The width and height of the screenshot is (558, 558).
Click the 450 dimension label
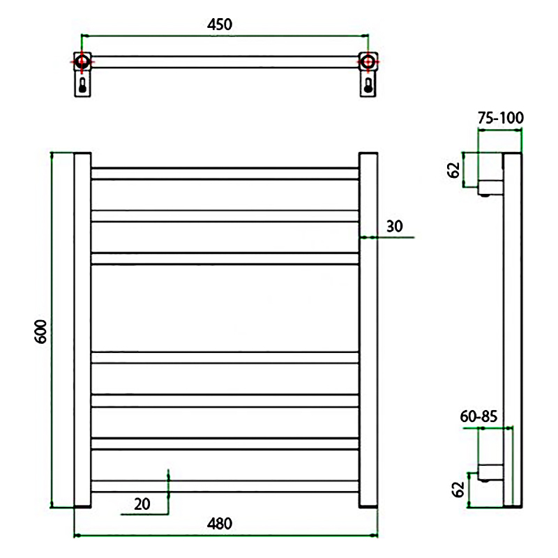point(220,24)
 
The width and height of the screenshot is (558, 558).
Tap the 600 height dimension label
point(41,332)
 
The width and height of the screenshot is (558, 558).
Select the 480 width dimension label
point(220,524)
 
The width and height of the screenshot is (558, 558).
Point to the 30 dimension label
point(395,226)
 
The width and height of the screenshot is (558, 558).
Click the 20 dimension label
point(142,504)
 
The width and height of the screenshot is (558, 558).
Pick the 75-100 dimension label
point(501,118)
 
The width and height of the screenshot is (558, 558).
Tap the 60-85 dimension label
point(478,416)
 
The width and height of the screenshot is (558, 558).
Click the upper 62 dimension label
point(454,170)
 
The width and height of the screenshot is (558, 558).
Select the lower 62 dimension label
point(458,490)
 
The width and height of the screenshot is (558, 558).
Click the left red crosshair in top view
point(82,62)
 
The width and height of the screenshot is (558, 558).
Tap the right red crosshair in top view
point(368,62)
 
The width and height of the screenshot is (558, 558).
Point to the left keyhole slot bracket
point(82,84)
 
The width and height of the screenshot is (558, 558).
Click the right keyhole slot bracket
point(368,84)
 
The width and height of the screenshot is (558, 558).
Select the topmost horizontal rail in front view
point(225,173)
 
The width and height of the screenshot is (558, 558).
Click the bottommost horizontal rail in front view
point(225,486)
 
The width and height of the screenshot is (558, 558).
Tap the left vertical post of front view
point(82,330)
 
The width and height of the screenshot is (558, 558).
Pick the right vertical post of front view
point(368,330)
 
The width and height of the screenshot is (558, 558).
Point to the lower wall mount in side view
point(490,473)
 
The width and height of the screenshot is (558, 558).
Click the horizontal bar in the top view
point(225,62)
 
